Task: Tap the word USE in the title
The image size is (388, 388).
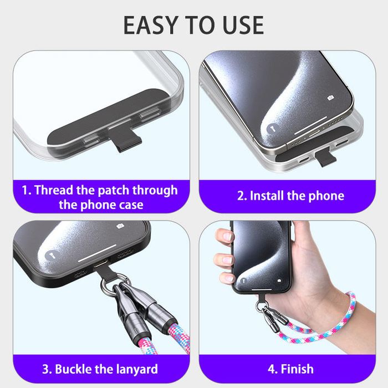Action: [243, 25]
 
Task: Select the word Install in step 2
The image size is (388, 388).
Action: [267, 196]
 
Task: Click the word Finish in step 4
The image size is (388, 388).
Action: [297, 369]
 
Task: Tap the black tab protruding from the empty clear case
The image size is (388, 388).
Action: [125, 139]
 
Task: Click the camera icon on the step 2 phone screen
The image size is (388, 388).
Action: [330, 98]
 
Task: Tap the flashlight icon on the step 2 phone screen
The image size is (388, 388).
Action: [273, 129]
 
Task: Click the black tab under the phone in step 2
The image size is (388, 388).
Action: [325, 157]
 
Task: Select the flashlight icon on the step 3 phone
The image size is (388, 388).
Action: [52, 256]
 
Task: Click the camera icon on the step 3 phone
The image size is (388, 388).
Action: [120, 226]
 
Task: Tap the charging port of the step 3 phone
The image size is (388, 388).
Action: [100, 263]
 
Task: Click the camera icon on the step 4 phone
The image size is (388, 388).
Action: [279, 280]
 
